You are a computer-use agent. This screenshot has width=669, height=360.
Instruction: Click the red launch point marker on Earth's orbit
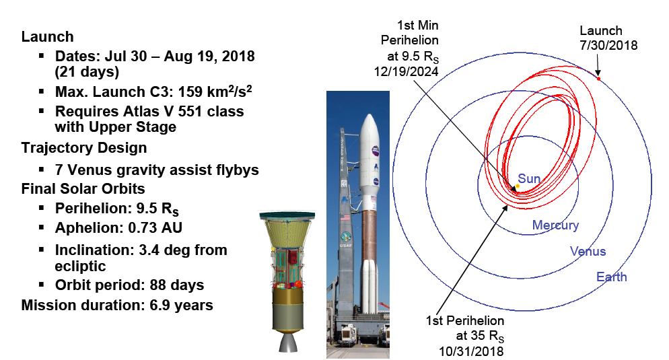pyautogui.click(x=598, y=79)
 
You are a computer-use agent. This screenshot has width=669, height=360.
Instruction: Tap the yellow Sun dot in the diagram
pyautogui.click(x=518, y=186)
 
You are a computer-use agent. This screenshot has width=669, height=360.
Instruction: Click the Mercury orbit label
pyautogui.click(x=555, y=225)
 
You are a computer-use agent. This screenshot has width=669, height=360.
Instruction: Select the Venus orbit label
pyautogui.click(x=588, y=252)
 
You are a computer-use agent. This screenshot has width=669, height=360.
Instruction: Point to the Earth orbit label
pyautogui.click(x=611, y=277)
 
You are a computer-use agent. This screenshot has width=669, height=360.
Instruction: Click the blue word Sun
pyautogui.click(x=529, y=178)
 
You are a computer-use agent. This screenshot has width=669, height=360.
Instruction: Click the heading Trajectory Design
pyautogui.click(x=84, y=147)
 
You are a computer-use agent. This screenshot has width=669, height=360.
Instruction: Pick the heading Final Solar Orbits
pyautogui.click(x=83, y=188)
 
